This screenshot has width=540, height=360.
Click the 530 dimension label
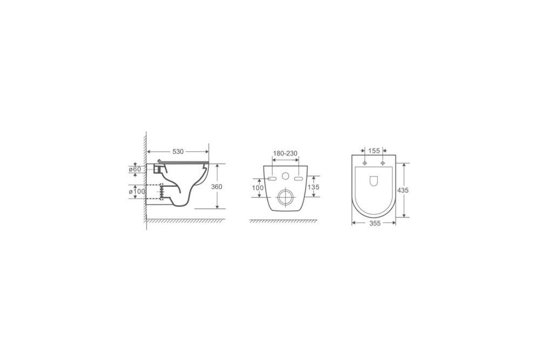click(x=178, y=152)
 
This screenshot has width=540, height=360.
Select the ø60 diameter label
click(x=135, y=169)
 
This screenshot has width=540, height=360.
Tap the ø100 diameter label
click(x=137, y=192)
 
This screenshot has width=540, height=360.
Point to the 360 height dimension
click(x=217, y=187)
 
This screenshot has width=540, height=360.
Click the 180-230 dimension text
click(x=285, y=153)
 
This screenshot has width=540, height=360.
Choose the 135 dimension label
click(x=313, y=187)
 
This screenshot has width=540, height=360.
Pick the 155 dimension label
click(x=374, y=151)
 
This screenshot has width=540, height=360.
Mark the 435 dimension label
click(x=403, y=190)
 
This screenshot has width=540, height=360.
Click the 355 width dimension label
click(x=375, y=223)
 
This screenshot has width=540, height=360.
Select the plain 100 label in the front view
click(x=258, y=188)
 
